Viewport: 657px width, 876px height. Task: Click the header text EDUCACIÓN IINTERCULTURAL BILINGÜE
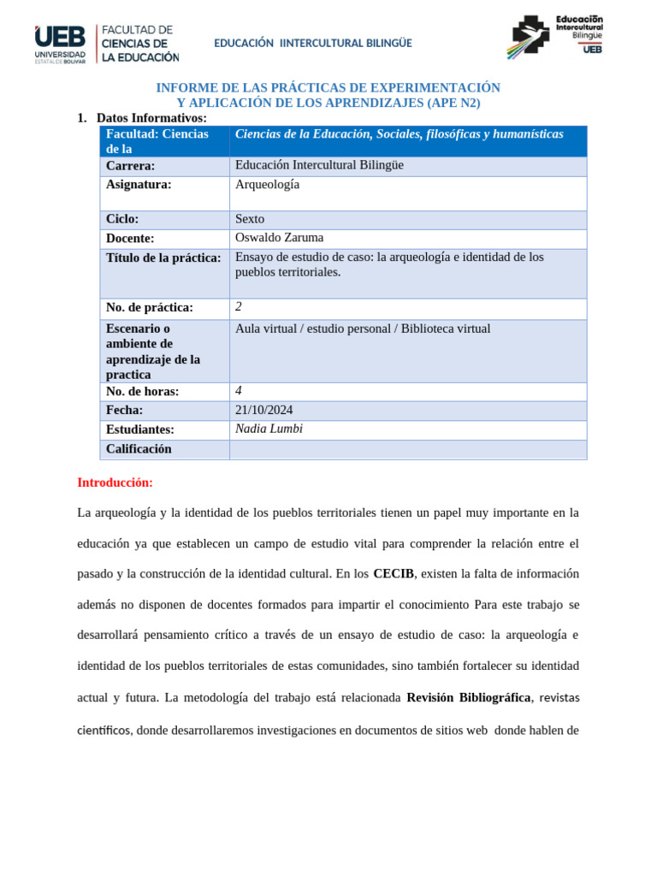point(312,43)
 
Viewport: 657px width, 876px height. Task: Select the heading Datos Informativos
point(151,117)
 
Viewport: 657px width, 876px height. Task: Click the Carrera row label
point(131,166)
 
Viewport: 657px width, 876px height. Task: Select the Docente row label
point(130,239)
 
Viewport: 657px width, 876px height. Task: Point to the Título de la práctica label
point(163,257)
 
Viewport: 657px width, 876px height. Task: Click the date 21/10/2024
point(264,410)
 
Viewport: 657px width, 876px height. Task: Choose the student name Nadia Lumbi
point(269,429)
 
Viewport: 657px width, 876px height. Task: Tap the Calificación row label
point(139,448)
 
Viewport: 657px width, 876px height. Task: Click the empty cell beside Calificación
point(407,449)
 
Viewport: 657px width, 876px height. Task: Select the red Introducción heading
point(115,482)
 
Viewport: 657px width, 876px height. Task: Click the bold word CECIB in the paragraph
point(393,574)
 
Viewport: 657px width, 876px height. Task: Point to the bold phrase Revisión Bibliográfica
point(468,697)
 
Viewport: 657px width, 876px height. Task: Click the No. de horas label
point(142,392)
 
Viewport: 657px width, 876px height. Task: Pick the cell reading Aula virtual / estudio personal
point(363,328)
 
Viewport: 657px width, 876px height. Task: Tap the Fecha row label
point(125,411)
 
